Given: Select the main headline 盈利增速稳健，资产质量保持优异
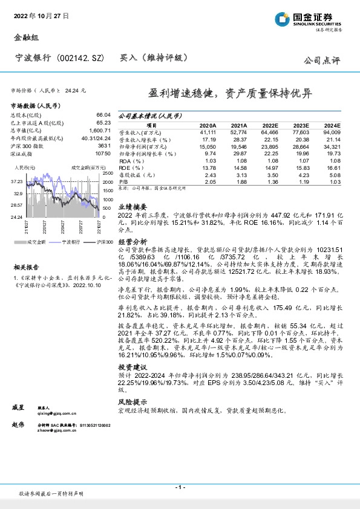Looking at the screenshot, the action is (231, 94).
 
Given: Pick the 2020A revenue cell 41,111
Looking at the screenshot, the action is (208, 132).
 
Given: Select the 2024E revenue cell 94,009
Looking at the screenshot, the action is (332, 132).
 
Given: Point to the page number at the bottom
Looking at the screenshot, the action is (180, 487).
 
